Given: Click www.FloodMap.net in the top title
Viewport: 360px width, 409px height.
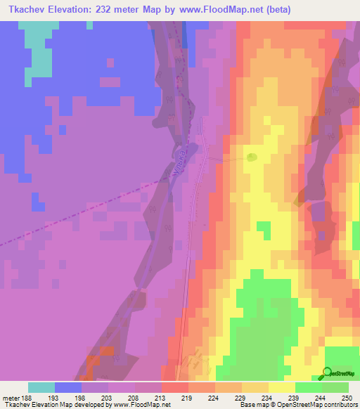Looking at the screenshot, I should coord(214,10).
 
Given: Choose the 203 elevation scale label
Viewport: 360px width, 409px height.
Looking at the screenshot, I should coord(108,397).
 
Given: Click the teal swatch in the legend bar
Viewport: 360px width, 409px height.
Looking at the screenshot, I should coord(41,387).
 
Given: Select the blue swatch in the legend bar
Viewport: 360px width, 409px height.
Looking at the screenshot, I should coord(68,387).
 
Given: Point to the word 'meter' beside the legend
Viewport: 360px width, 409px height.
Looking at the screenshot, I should coord(11,397).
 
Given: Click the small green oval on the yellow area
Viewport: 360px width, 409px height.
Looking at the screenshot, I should coord(252,157).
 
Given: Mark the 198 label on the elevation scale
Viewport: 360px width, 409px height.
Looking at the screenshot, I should coord(82,397).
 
